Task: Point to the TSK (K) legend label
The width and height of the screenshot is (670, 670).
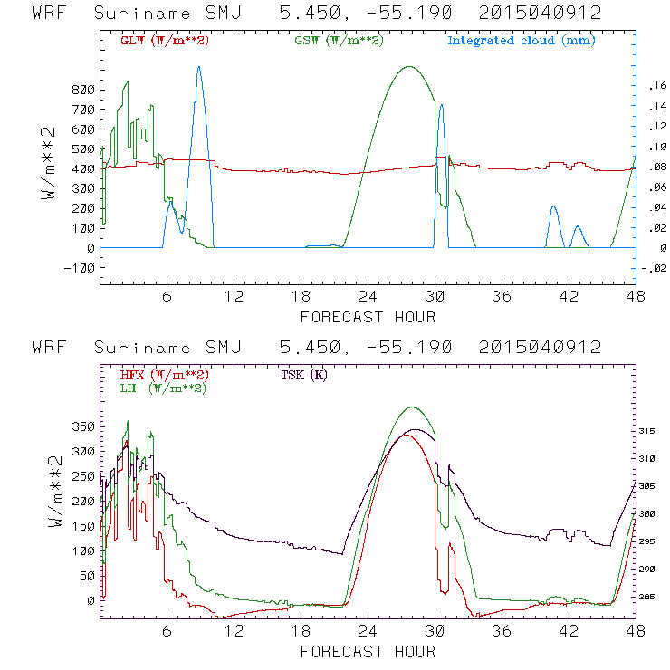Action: click(x=304, y=375)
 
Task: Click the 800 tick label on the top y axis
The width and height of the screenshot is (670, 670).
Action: click(x=81, y=90)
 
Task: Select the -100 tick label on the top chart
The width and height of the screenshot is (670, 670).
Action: click(x=78, y=268)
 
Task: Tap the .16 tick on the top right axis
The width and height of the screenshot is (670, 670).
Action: click(x=656, y=85)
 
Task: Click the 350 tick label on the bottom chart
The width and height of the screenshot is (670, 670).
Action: click(x=81, y=425)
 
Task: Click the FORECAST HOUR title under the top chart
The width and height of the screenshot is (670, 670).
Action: click(x=368, y=317)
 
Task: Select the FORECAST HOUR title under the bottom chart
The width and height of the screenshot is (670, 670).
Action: click(x=368, y=652)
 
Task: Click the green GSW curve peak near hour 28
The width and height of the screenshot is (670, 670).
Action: click(x=409, y=66)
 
